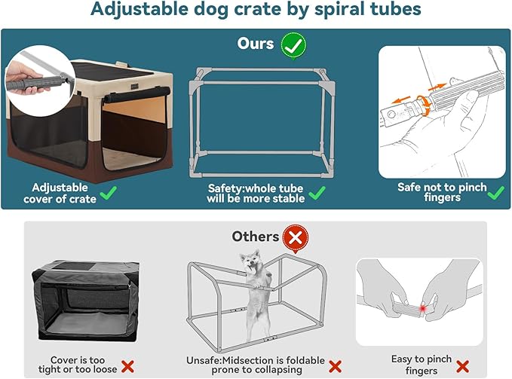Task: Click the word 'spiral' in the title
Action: (x=323, y=11)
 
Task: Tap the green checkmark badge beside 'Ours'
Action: (x=293, y=44)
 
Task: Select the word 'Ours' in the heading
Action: (x=255, y=44)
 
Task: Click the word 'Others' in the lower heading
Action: (x=255, y=237)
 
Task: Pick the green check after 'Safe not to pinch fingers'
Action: (x=495, y=194)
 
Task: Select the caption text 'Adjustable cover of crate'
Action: (x=64, y=193)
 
